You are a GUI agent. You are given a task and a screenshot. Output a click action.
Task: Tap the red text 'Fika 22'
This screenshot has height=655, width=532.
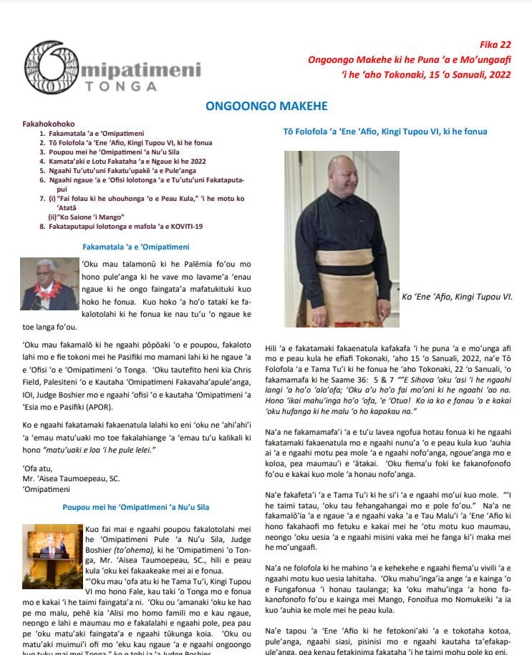(x=499, y=44)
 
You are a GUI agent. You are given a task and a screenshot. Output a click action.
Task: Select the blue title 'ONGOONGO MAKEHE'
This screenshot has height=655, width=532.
(x=266, y=107)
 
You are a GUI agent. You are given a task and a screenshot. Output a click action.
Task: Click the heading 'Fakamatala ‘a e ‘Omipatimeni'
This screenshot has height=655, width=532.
(x=137, y=247)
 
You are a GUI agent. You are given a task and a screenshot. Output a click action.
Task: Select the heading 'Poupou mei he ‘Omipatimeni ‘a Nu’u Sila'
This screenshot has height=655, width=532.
(x=136, y=508)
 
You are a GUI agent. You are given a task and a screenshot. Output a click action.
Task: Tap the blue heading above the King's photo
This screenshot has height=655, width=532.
(x=376, y=132)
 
